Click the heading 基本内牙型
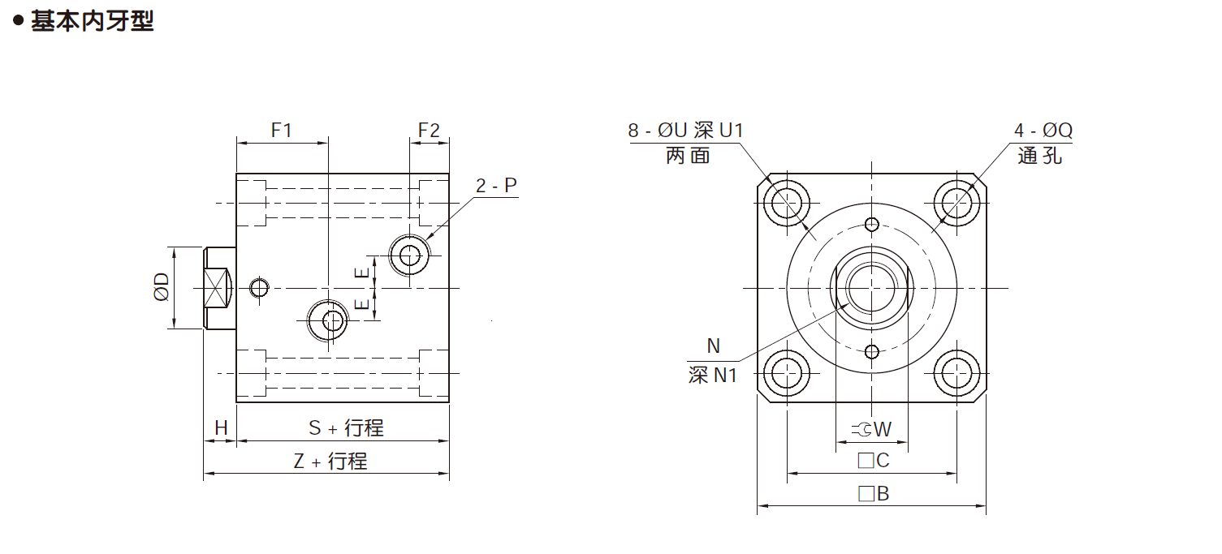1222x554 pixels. tap(91, 21)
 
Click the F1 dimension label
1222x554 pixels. tap(281, 130)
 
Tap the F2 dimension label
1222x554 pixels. tap(429, 130)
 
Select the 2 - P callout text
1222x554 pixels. tap(496, 186)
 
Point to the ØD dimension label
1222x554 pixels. tap(162, 287)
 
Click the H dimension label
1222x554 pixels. tap(220, 427)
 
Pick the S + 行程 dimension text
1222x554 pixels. tap(346, 427)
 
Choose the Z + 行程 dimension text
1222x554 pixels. tap(330, 462)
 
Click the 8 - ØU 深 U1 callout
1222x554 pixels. tap(685, 131)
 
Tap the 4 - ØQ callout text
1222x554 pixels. tap(1043, 131)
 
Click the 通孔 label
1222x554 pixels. tap(1039, 156)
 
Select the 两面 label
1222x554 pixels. tap(688, 156)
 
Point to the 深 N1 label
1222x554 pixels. tap(712, 376)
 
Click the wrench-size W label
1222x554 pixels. tap(872, 429)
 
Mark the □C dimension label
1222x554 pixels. tap(874, 461)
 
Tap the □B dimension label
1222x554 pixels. tap(874, 493)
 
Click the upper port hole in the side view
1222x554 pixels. tap(409, 255)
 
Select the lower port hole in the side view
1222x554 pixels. tap(329, 320)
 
